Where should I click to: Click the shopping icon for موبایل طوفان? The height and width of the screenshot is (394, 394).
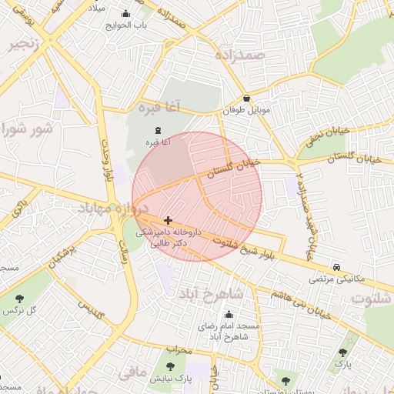246,98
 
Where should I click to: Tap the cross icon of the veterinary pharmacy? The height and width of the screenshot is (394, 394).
169,220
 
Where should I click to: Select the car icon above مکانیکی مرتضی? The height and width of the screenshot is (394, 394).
337,267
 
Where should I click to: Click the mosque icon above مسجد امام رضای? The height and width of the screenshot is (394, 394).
229,314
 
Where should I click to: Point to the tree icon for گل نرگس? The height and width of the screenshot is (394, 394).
19,298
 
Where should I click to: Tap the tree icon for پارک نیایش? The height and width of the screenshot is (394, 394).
170,366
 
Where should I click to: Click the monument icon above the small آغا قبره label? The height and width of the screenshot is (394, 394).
159,130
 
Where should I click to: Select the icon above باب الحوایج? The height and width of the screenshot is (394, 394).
126,13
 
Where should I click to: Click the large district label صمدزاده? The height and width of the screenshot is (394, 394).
262,55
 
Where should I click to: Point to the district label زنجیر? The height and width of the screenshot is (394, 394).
23,45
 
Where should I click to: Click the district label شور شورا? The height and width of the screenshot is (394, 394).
28,129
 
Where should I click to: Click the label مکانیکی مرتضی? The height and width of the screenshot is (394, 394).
332,279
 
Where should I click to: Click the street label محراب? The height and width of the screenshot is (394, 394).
178,349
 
